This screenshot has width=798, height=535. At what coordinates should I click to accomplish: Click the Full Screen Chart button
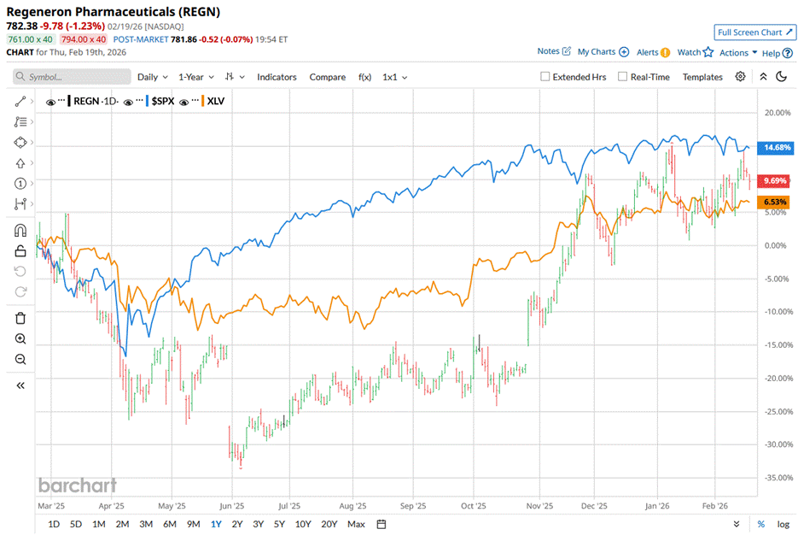coord(754,32)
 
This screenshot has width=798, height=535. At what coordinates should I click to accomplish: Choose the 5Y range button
coord(280,524)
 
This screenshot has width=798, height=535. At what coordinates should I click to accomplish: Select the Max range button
coord(357,524)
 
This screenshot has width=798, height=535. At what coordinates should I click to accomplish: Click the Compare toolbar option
coord(327,77)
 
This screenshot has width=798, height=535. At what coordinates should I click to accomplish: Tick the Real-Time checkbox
coord(622,77)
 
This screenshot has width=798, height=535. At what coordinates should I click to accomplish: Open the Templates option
coord(702,77)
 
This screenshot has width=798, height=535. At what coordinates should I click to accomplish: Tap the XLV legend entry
coord(214,102)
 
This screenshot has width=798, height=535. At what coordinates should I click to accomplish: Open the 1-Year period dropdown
coord(196,77)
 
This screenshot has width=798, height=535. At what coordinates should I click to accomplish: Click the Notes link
coord(554,52)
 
